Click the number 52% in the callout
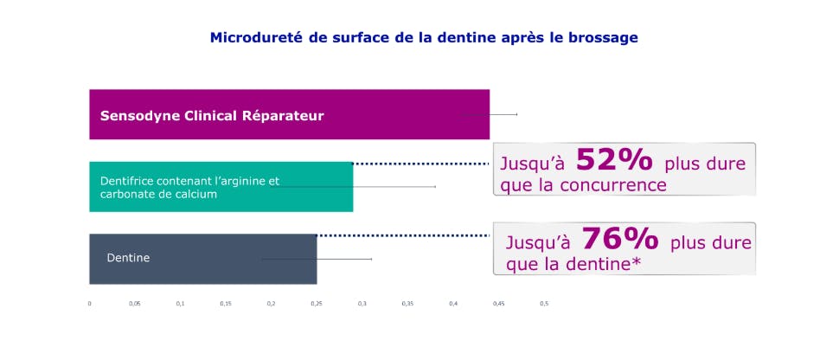[613, 160]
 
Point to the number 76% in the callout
[619, 239]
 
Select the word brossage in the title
[606, 38]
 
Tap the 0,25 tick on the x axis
[317, 304]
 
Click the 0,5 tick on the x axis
[544, 304]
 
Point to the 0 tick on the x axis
[90, 304]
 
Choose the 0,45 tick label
[499, 304]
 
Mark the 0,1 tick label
[180, 304]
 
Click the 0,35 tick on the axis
[407, 304]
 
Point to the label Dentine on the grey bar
[128, 258]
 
